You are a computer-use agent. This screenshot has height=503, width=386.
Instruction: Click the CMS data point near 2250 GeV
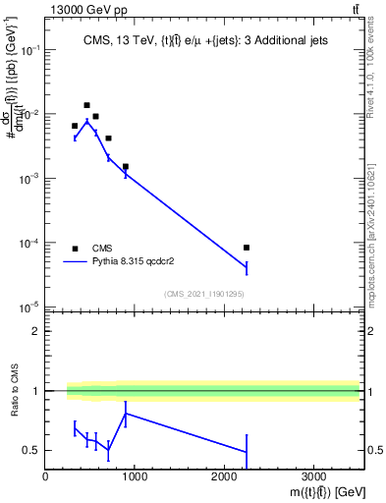(x=247, y=248)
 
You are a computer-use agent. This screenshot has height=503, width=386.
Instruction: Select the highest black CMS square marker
(x=86, y=105)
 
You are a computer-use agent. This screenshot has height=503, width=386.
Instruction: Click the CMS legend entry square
(x=75, y=249)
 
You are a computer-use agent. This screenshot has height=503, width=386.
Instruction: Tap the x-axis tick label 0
(x=45, y=478)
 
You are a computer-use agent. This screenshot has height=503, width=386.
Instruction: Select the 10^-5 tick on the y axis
(x=29, y=307)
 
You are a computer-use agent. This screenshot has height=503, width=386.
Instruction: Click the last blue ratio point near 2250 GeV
(x=247, y=452)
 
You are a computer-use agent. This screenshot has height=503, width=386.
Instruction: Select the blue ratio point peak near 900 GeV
(x=126, y=413)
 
